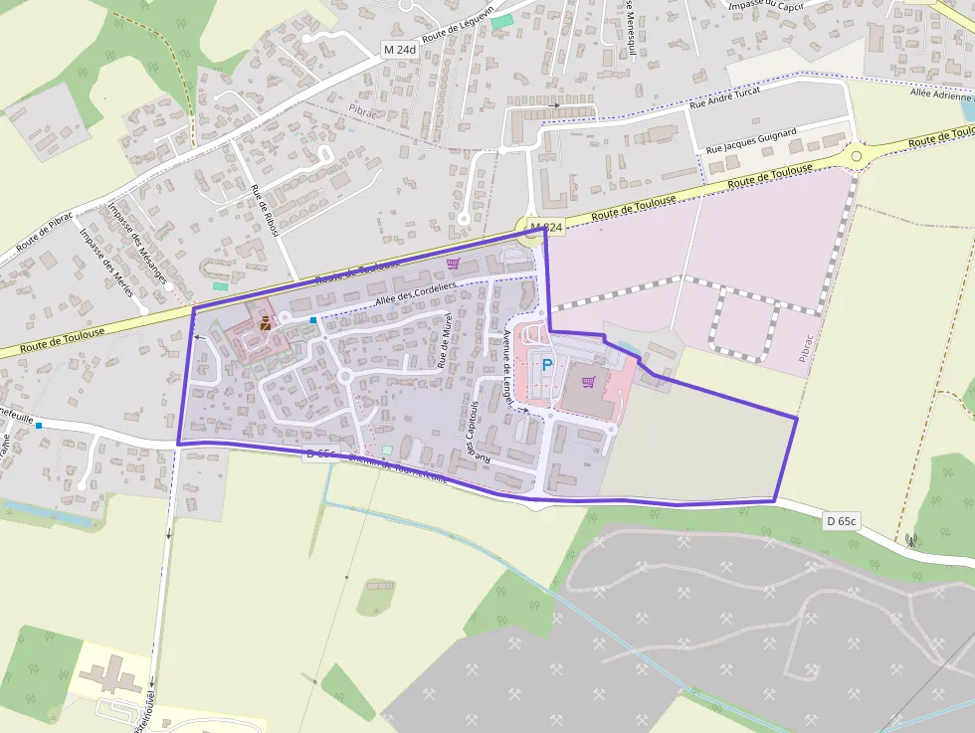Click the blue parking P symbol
pos(546,365)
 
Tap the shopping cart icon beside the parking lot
pos(588,382)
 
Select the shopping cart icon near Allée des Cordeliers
pos(454,264)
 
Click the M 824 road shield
pos(546,228)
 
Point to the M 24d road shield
pos(399,49)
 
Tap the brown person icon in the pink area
pos(265,323)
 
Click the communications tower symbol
pos(911,542)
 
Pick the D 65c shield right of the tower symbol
pos(842,521)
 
